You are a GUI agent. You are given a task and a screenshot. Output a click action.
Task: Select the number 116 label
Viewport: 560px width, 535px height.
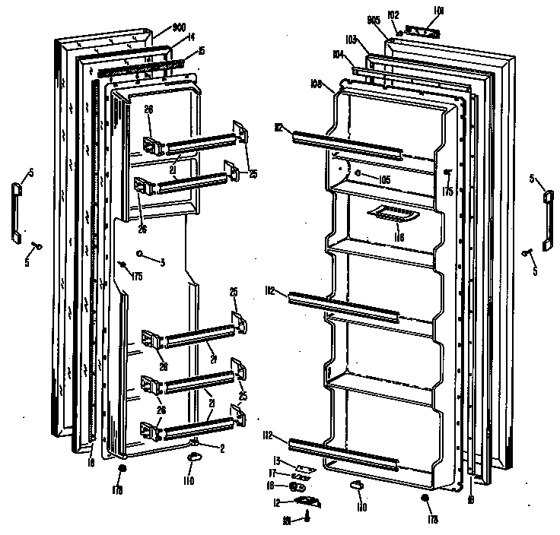click(399, 237)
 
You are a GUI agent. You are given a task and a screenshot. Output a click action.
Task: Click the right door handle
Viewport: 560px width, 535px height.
click(546, 220)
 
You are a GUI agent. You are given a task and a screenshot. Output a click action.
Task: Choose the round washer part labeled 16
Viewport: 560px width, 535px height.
click(297, 486)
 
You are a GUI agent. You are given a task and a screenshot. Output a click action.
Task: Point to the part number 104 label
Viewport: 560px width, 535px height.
click(337, 53)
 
